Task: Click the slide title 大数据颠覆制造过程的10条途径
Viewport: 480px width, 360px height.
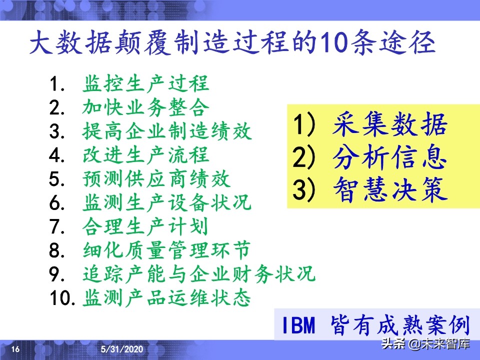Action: click(232, 44)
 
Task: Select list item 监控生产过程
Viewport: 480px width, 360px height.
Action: click(145, 84)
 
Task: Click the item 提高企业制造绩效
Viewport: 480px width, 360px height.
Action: click(167, 132)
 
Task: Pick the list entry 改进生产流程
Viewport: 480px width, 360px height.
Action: click(145, 156)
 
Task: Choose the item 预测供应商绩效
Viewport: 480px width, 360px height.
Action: click(156, 179)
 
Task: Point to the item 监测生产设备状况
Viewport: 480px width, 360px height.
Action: click(167, 203)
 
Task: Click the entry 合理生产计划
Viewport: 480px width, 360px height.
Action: click(145, 227)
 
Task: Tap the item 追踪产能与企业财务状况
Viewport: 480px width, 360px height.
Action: click(199, 275)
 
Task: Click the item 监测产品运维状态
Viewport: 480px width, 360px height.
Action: click(167, 299)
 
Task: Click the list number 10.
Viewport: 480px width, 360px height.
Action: click(62, 299)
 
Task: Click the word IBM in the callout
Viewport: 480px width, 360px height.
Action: click(298, 326)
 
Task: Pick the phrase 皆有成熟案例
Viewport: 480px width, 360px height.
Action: click(399, 326)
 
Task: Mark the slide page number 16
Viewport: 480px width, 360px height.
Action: click(15, 349)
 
